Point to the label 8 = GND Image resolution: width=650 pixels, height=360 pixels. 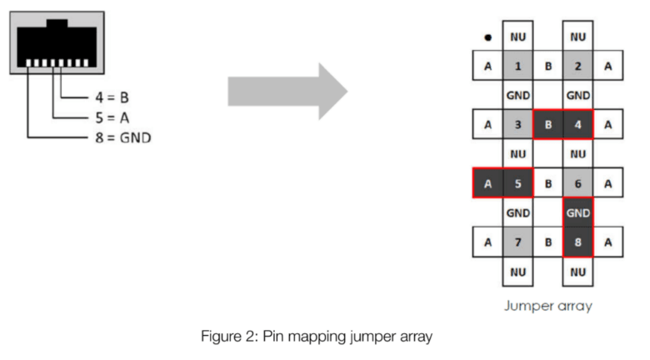(122, 137)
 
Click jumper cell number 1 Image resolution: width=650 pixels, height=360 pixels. (517, 66)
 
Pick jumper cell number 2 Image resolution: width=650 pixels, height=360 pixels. (577, 66)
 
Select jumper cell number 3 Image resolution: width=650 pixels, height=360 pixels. (517, 124)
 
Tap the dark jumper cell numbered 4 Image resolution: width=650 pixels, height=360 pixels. (577, 124)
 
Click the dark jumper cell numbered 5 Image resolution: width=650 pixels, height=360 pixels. (517, 183)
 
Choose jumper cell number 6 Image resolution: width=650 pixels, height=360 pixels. (577, 183)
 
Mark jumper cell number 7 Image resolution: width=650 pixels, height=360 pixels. (517, 242)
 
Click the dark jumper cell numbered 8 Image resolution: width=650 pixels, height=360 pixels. (577, 242)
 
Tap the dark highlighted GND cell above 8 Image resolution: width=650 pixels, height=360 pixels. (577, 212)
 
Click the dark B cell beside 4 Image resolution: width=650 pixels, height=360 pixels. (547, 124)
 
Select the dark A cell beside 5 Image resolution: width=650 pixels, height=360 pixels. (487, 183)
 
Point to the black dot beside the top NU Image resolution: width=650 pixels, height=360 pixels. (487, 37)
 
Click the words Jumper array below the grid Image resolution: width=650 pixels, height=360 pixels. (547, 306)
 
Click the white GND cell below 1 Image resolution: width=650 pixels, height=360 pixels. (517, 95)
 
